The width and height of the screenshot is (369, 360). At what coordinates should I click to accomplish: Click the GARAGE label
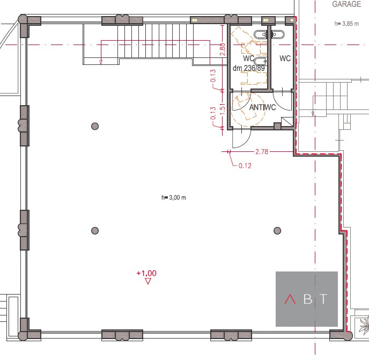[346, 4]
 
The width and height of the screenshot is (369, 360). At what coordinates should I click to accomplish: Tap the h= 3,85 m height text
[346, 24]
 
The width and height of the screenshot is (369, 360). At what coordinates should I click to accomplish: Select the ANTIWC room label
[262, 107]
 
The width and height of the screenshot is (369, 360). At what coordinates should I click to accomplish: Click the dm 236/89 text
[249, 68]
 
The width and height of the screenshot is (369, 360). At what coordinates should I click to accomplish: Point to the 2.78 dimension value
[262, 151]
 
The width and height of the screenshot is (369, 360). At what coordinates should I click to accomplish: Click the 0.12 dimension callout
[245, 166]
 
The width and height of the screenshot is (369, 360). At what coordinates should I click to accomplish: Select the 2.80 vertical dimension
[223, 49]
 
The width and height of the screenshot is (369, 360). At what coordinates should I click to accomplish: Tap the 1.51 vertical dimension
[223, 109]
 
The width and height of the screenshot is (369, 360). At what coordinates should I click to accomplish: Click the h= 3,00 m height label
[173, 197]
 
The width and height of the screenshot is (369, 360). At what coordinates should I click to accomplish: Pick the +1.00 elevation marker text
[146, 273]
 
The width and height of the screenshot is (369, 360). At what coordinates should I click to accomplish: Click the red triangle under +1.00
[148, 281]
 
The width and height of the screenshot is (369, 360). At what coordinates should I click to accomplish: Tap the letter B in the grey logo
[308, 299]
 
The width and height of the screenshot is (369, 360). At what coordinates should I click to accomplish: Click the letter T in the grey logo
[324, 299]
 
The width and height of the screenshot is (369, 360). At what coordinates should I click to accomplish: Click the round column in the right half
[277, 231]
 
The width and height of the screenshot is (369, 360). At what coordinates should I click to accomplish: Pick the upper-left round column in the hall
[95, 126]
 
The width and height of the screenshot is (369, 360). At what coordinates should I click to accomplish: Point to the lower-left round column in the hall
[95, 231]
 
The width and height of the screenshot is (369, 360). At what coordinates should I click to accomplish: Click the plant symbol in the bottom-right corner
[364, 326]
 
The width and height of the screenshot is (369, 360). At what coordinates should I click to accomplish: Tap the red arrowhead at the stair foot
[101, 62]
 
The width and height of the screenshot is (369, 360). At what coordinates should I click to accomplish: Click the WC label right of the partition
[285, 58]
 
